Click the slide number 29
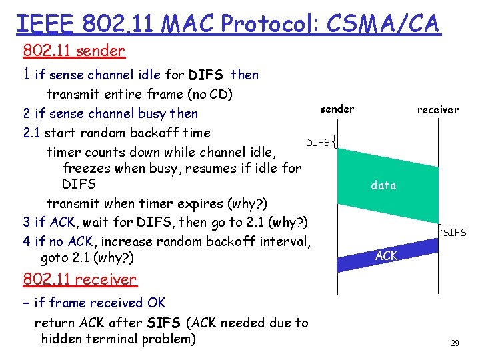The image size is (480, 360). pyautogui.click(x=455, y=343)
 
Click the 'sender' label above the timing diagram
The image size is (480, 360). pyautogui.click(x=337, y=109)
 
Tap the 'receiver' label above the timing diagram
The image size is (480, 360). pyautogui.click(x=437, y=109)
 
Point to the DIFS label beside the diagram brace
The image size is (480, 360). pyautogui.click(x=317, y=142)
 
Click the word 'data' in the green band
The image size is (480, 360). pyautogui.click(x=383, y=185)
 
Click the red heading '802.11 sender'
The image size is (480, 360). pyautogui.click(x=74, y=51)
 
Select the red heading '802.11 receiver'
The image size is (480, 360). pyautogui.click(x=79, y=279)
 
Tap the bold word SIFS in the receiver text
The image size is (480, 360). pyautogui.click(x=164, y=323)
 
